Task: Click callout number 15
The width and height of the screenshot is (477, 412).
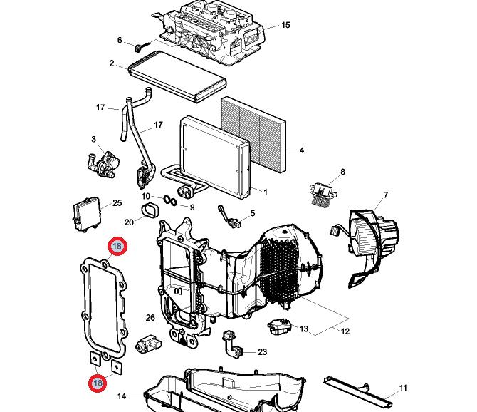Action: click(x=285, y=26)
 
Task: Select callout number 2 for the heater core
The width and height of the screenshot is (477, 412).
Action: click(x=112, y=63)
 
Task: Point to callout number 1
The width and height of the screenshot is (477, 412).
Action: click(x=266, y=192)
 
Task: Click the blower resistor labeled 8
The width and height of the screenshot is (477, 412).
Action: click(x=320, y=191)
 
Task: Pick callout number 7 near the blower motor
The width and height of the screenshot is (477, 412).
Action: click(x=386, y=195)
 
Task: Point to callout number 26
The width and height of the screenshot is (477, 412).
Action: click(x=150, y=317)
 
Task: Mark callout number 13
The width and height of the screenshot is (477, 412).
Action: click(x=304, y=329)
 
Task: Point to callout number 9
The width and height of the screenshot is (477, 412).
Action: click(x=192, y=207)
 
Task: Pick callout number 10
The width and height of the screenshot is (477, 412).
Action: click(x=145, y=196)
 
